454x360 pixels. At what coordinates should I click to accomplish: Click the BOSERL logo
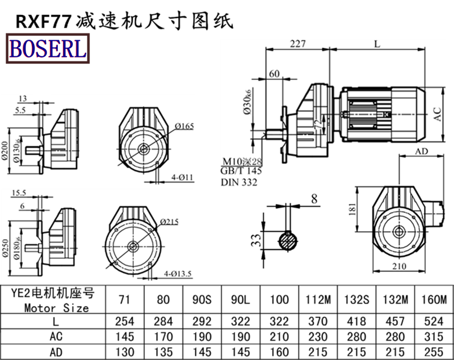pyautogui.click(x=47, y=48)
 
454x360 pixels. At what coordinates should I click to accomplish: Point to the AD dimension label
pyautogui.click(x=422, y=152)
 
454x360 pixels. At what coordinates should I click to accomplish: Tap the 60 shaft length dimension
pyautogui.click(x=274, y=74)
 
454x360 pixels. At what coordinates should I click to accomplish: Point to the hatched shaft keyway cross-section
pyautogui.click(x=290, y=240)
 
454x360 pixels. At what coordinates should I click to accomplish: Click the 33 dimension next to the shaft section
pyautogui.click(x=256, y=239)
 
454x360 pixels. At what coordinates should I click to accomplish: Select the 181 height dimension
pyautogui.click(x=351, y=212)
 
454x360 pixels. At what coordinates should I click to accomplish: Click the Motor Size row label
pyautogui.click(x=57, y=308)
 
